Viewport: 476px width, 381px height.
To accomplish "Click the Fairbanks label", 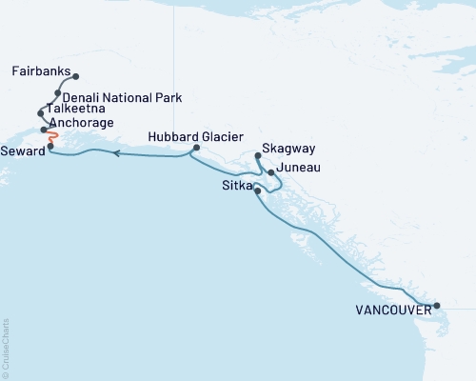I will [x=42, y=70].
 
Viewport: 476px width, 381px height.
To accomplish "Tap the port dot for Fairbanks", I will [x=76, y=76].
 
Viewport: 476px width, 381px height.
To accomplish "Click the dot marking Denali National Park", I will [x=59, y=93].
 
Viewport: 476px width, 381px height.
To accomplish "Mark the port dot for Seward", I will [x=50, y=147].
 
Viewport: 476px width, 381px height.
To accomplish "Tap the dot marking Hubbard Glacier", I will [x=195, y=148].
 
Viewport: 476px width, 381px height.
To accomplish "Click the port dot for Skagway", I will [x=259, y=155].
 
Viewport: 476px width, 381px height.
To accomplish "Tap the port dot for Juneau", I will [x=271, y=172].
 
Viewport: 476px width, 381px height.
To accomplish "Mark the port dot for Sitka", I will [x=258, y=190].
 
